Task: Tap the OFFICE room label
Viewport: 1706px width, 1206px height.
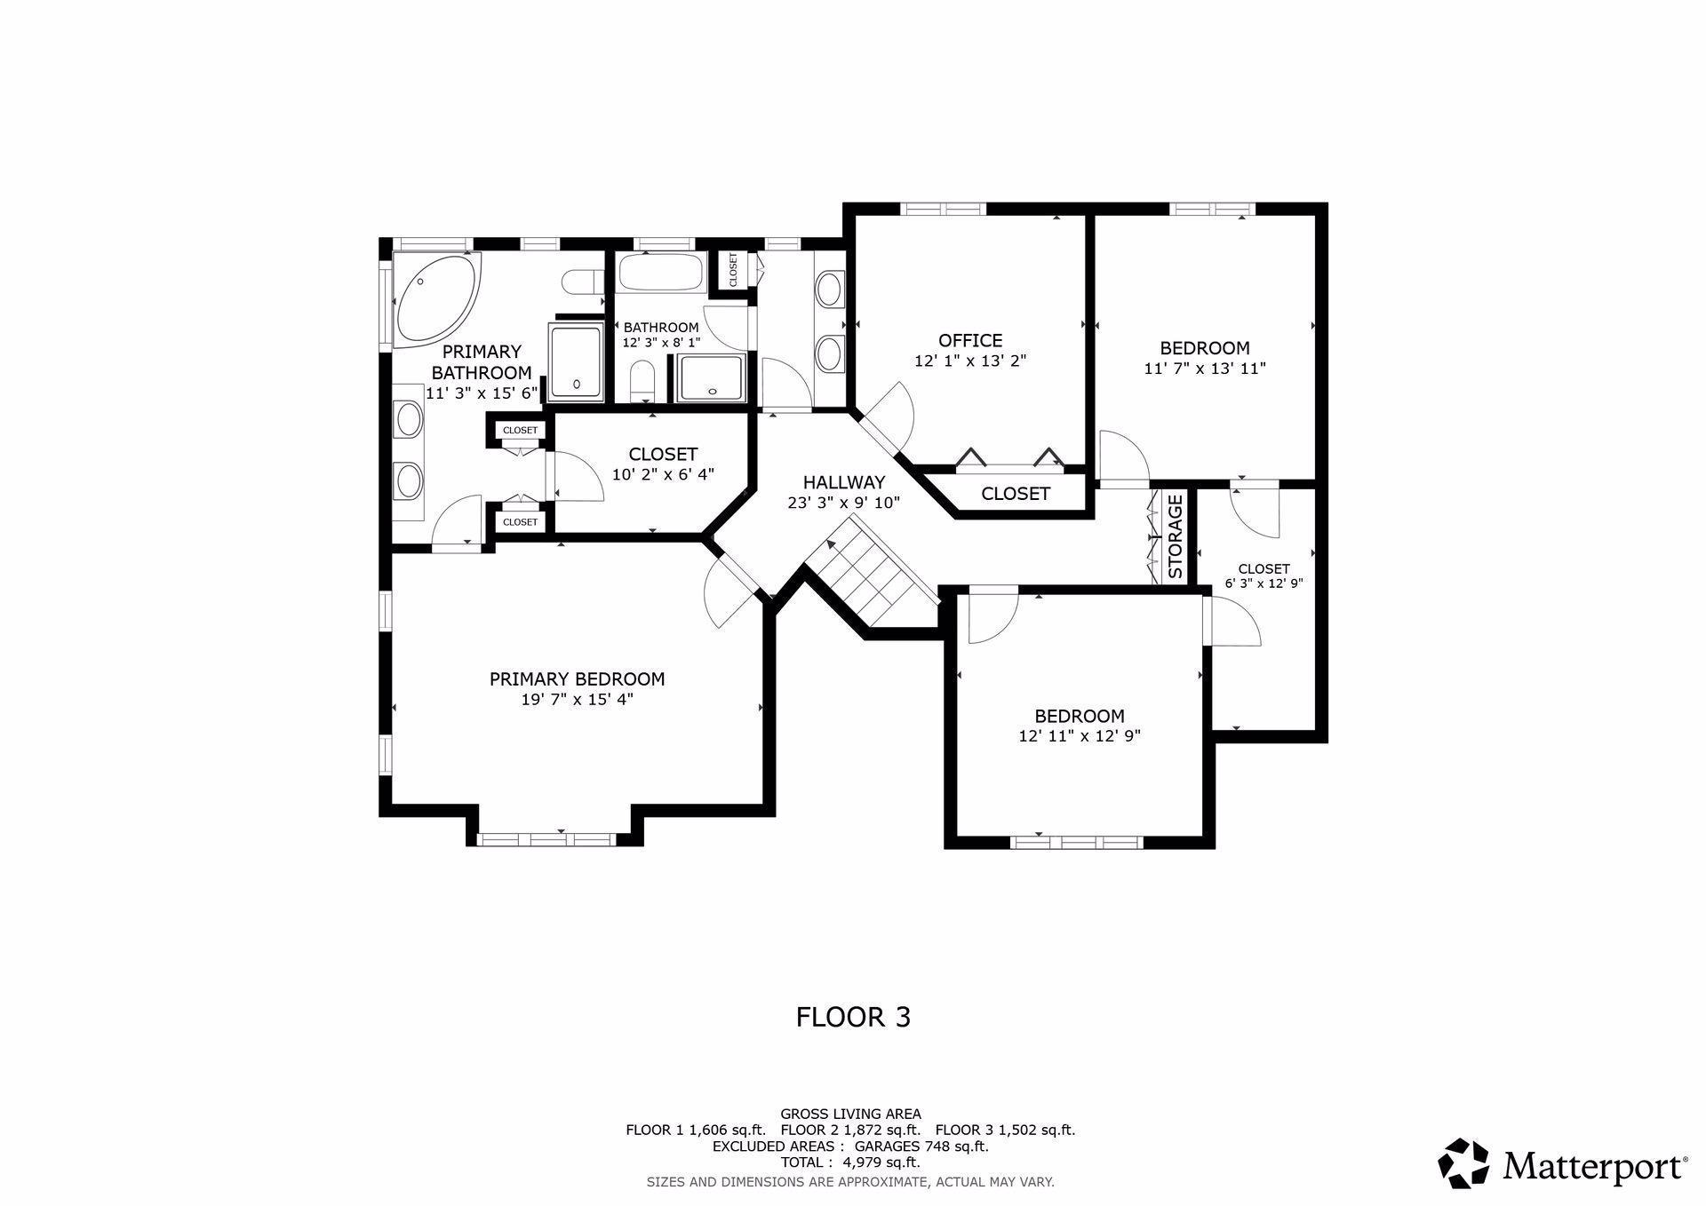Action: pos(970,340)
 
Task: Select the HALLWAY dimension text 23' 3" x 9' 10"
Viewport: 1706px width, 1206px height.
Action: pos(844,503)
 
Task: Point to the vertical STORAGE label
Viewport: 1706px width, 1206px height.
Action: pos(1175,536)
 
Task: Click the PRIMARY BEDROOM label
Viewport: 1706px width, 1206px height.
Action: pos(577,679)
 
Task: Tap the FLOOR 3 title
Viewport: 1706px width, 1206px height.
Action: pos(853,1017)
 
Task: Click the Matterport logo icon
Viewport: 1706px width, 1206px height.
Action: pos(1463,1162)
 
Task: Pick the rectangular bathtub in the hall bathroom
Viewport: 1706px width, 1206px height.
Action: pos(662,272)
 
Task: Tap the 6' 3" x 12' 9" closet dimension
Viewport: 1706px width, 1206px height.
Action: pos(1264,583)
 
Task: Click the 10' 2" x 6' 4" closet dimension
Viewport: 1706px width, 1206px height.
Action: pos(663,474)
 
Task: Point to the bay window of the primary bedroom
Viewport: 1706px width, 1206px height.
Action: pos(546,838)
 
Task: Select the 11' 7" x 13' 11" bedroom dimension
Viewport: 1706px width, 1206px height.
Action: pos(1205,368)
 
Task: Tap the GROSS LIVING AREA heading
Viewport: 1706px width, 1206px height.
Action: pos(850,1114)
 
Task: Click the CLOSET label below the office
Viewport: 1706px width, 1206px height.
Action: pos(1016,494)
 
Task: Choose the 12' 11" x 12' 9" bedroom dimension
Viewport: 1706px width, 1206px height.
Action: pos(1080,736)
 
